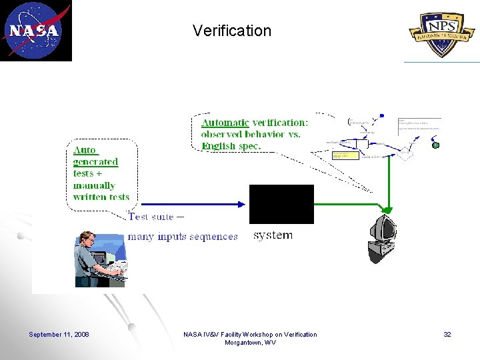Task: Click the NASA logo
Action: point(35,31)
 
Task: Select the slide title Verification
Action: point(232,31)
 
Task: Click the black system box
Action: point(281,204)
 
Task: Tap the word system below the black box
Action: point(273,235)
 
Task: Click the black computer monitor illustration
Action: point(383,237)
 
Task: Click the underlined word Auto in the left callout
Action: point(85,150)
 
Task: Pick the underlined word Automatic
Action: point(225,123)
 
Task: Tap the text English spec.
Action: point(231,145)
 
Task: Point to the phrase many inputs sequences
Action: point(183,236)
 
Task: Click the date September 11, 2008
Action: point(59,334)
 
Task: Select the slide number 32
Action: point(447,334)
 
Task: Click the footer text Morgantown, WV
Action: point(250,342)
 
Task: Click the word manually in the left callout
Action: point(94,185)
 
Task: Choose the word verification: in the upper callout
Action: point(280,123)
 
